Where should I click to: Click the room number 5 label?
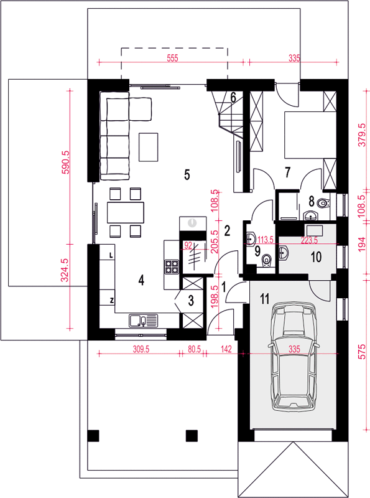[187, 174]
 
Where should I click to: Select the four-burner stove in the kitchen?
[172, 267]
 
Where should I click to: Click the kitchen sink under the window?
[143, 320]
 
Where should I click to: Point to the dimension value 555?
[172, 58]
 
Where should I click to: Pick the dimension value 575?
[362, 352]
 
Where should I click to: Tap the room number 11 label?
[265, 299]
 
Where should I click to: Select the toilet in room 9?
[267, 260]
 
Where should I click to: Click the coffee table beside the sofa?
[148, 147]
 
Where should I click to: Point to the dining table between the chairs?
[126, 212]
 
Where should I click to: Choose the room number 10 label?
[316, 257]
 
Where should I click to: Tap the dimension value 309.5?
[141, 349]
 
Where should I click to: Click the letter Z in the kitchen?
[112, 300]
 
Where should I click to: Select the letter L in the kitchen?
[111, 255]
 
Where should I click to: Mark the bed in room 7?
[310, 134]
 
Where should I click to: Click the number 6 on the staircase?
[233, 98]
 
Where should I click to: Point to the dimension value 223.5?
[309, 240]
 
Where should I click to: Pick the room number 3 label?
[191, 301]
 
